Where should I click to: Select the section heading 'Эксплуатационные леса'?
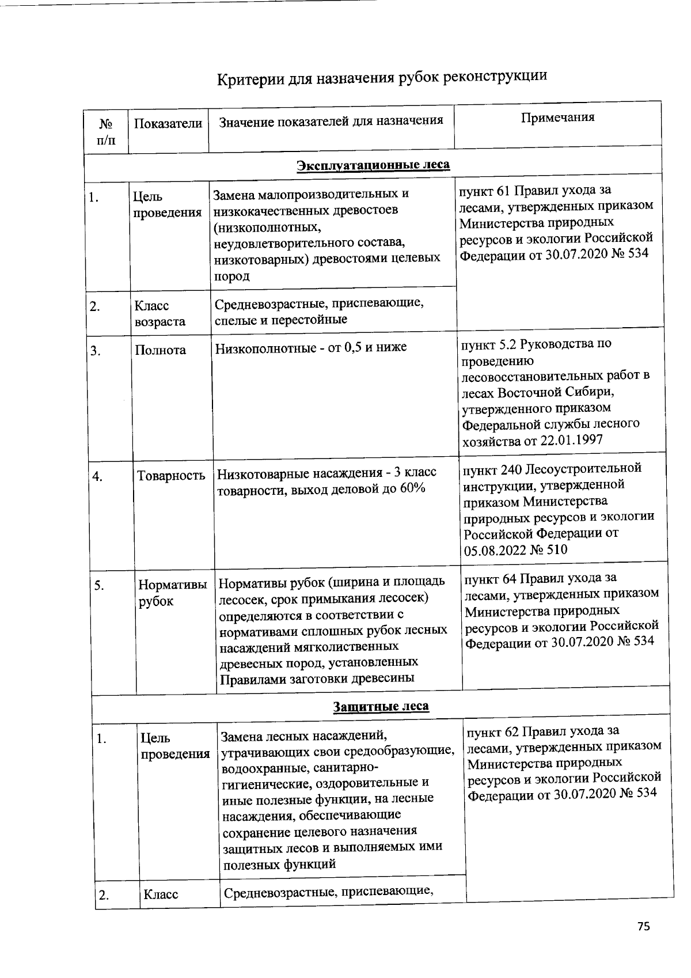click(373, 165)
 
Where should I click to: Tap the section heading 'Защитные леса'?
click(381, 706)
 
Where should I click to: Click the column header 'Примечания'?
click(557, 118)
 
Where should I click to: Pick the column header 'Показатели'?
click(168, 123)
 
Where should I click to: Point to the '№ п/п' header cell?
click(105, 132)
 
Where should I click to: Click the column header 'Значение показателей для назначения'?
click(332, 121)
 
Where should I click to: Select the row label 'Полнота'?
click(160, 350)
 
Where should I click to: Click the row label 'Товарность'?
click(171, 476)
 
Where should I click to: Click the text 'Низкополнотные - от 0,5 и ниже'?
click(311, 347)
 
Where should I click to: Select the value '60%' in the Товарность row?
click(411, 488)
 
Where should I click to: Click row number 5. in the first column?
click(100, 586)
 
